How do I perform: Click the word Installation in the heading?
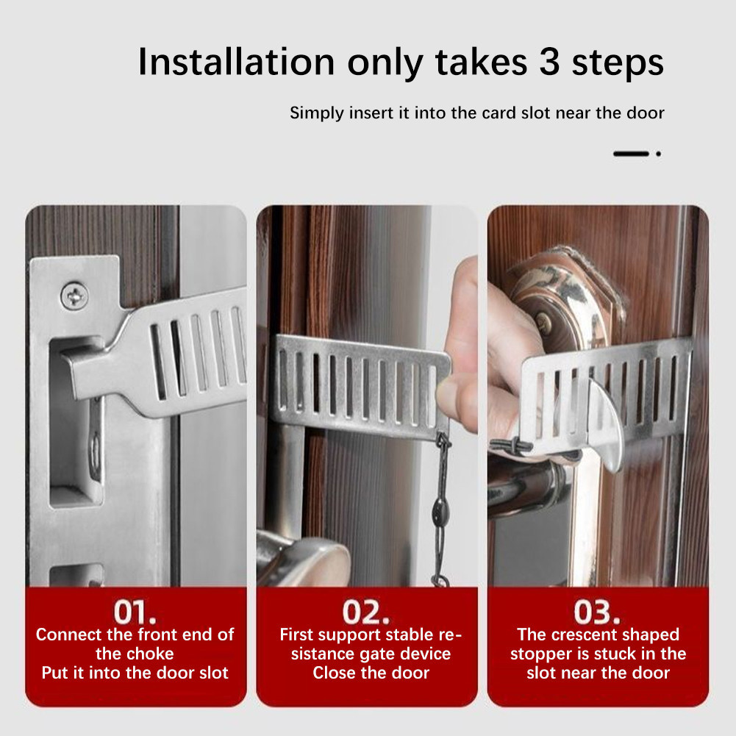pyautogui.click(x=236, y=62)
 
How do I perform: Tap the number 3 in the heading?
pyautogui.click(x=549, y=62)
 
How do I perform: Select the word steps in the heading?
pyautogui.click(x=618, y=64)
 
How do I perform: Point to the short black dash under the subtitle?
pyautogui.click(x=631, y=154)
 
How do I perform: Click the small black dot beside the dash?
pyautogui.click(x=658, y=154)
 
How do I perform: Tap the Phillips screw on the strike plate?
pyautogui.click(x=74, y=296)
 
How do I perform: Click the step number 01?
pyautogui.click(x=135, y=612)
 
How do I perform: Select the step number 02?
pyautogui.click(x=365, y=612)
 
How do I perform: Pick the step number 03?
pyautogui.click(x=596, y=612)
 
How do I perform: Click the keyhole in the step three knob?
pyautogui.click(x=543, y=324)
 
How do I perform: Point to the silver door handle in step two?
pyautogui.click(x=301, y=559)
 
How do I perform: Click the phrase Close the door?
pyautogui.click(x=371, y=673)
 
